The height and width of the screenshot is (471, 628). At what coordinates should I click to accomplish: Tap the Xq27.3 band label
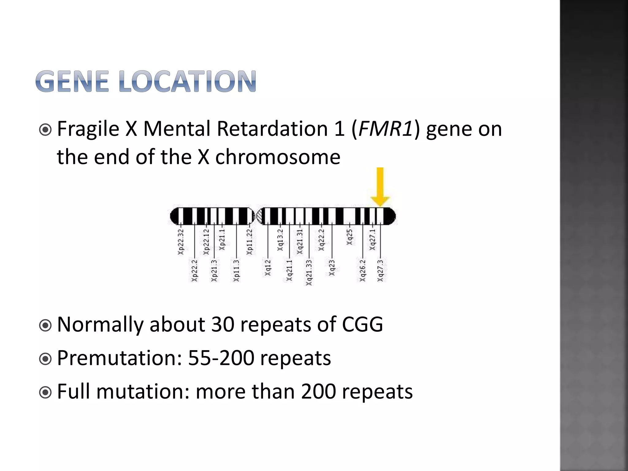pos(380,270)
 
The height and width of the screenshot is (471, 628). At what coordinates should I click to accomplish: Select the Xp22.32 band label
pos(181,242)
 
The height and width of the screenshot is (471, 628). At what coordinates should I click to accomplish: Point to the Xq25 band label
pos(350,237)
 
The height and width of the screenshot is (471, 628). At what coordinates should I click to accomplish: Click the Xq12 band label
pos(268,267)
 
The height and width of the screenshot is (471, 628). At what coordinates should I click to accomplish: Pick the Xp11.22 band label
pos(250,242)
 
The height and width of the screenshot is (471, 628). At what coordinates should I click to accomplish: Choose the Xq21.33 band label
pos(309,272)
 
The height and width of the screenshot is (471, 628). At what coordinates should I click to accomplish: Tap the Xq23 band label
pos(332,267)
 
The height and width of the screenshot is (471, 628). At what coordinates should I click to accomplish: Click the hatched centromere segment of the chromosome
pos(260,216)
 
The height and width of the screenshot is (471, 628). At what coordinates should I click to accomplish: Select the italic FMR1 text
pos(385,129)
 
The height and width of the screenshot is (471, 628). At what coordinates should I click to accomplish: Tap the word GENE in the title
pos(72,82)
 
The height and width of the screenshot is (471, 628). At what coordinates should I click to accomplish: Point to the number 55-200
pos(221,358)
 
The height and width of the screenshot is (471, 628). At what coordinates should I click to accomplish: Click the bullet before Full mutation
pos(46,392)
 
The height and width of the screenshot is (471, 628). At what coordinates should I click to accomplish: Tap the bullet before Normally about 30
pos(46,325)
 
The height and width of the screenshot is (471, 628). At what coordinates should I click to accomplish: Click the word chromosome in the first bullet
pos(278,157)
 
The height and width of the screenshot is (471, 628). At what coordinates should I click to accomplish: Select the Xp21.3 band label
pos(214,270)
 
